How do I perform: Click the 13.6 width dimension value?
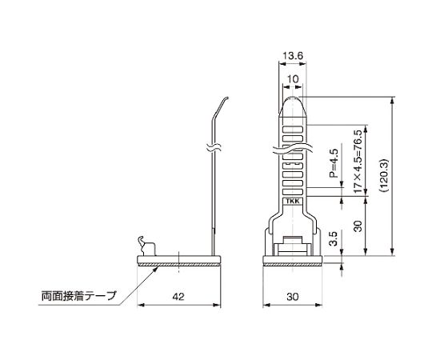pyautogui.click(x=293, y=56)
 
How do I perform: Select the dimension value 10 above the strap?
pyautogui.click(x=293, y=79)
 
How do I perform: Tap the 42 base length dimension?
pyautogui.click(x=178, y=297)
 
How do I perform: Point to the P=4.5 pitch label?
pyautogui.click(x=334, y=163)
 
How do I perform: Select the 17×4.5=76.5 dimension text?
pyautogui.click(x=358, y=162)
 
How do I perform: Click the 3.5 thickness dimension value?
pyautogui.click(x=334, y=238)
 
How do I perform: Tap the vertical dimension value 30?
pyautogui.click(x=358, y=226)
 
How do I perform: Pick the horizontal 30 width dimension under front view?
pyautogui.click(x=293, y=297)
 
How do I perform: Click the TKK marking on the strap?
pyautogui.click(x=293, y=202)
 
